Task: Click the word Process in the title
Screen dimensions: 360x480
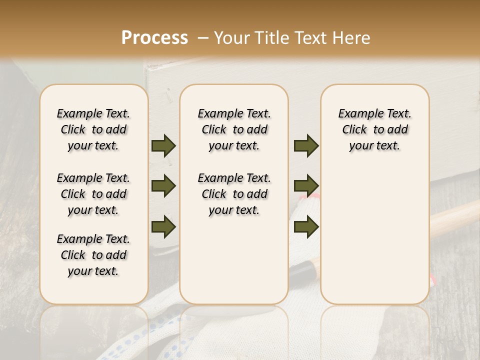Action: [154, 38]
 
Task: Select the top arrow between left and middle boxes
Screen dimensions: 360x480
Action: [163, 145]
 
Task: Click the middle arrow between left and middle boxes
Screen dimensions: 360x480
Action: [163, 186]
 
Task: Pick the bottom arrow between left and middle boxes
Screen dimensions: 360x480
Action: [163, 226]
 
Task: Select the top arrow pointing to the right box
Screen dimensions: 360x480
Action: [306, 145]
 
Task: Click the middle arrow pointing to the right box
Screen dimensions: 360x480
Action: [306, 186]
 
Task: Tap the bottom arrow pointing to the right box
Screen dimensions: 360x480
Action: [306, 226]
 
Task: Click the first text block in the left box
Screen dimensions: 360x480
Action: [93, 129]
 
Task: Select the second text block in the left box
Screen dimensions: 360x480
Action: [93, 194]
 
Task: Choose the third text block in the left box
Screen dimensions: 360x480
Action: [93, 255]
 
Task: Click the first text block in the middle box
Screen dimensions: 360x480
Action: [234, 129]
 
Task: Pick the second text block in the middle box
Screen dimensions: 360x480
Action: [234, 194]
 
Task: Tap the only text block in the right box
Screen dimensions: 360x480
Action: [374, 129]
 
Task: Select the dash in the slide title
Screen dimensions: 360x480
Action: [202, 38]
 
